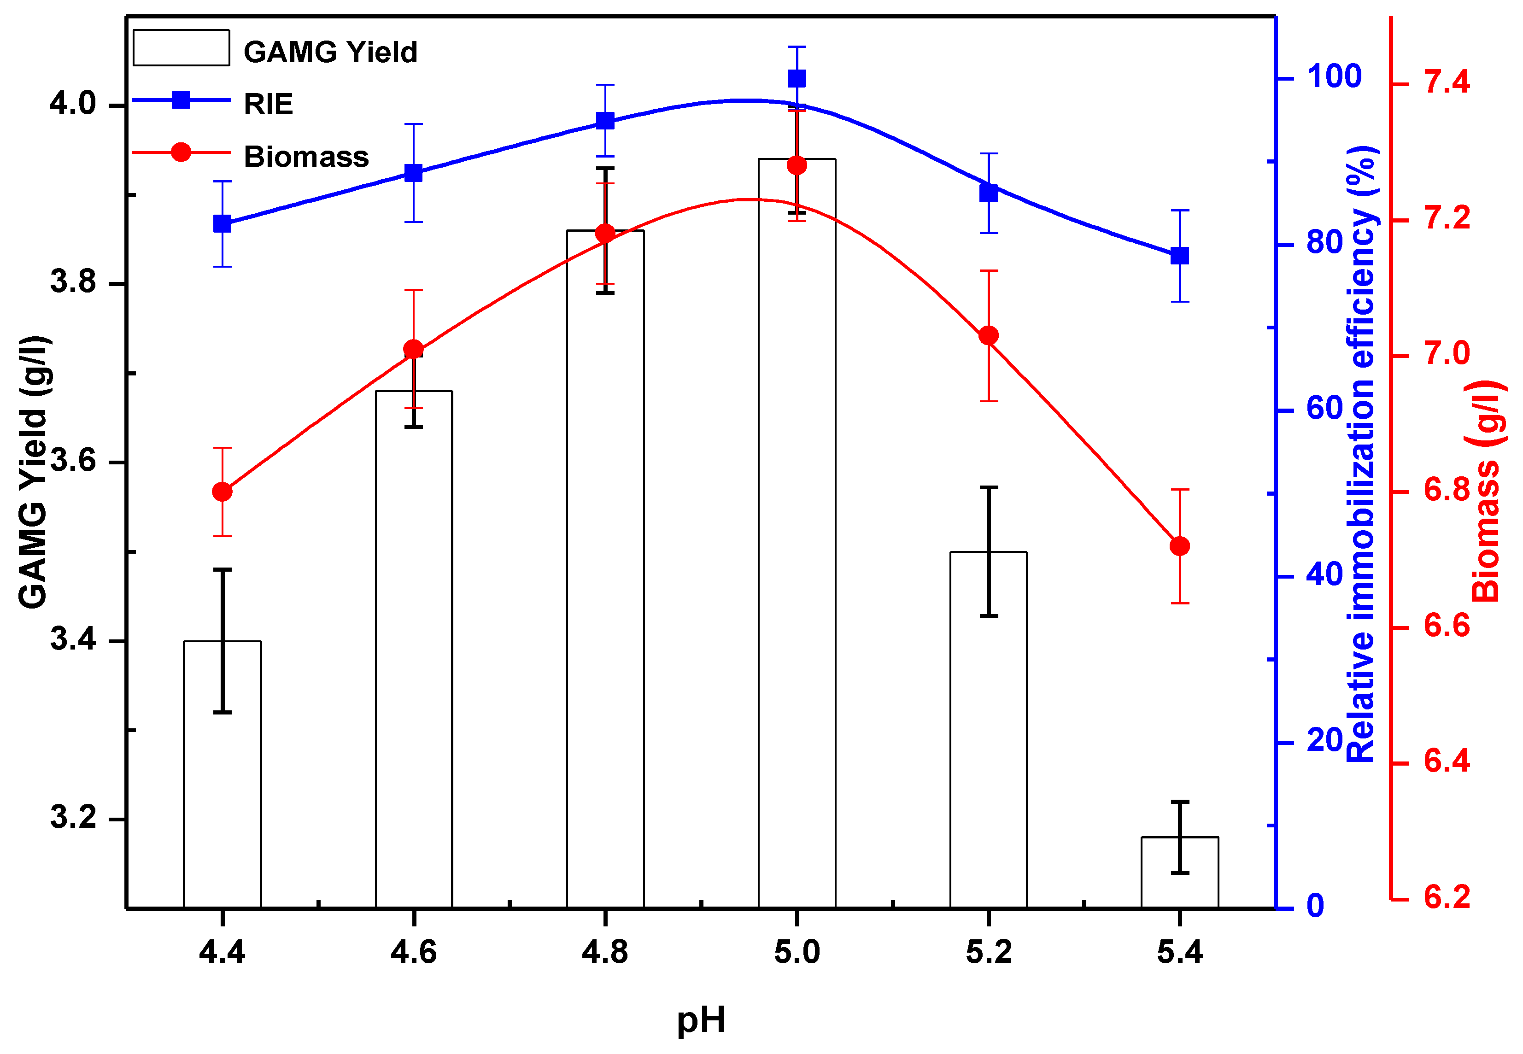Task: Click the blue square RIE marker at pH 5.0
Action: click(797, 79)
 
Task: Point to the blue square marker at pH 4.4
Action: click(223, 224)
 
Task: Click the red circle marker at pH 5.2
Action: click(988, 335)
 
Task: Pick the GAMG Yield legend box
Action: click(181, 47)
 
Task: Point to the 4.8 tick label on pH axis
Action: click(604, 952)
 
